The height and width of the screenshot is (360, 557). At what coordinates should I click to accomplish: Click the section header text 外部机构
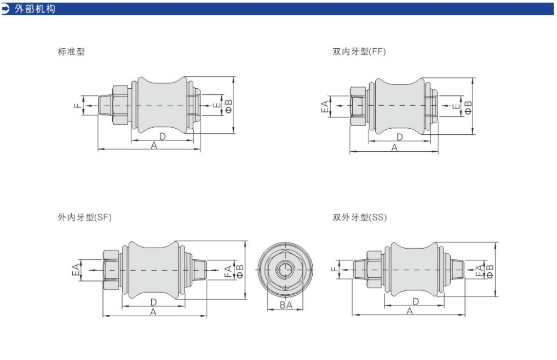point(35,9)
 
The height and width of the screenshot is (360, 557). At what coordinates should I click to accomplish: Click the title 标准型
point(71,52)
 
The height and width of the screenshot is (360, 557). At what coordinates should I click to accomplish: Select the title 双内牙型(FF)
point(359,52)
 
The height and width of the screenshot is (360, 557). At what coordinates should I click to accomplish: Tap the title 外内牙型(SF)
point(84,217)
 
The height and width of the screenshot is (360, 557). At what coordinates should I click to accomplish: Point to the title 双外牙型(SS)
point(359,217)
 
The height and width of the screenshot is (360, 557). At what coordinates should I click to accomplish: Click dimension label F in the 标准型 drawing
point(77,106)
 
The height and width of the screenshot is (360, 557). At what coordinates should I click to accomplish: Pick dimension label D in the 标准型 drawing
point(162,136)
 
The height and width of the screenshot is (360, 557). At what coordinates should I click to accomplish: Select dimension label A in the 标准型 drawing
point(154,145)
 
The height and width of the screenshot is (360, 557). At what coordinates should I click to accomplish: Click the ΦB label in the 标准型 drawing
point(229,106)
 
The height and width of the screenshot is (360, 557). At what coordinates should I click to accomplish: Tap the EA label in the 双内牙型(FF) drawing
point(324,107)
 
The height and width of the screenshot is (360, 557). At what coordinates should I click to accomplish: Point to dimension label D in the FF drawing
point(400,137)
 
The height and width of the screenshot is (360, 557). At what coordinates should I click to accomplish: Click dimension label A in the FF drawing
point(394,147)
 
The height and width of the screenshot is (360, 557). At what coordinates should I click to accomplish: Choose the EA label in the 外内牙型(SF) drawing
point(76,270)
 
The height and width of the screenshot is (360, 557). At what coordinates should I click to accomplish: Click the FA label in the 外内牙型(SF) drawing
point(228,271)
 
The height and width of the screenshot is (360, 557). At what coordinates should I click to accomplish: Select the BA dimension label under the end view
point(286,305)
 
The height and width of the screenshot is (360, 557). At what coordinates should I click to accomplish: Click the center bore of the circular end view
point(285,270)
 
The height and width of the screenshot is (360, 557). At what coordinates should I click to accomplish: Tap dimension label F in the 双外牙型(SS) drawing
point(334,269)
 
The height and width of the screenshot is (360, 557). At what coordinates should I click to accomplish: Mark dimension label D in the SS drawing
point(416,301)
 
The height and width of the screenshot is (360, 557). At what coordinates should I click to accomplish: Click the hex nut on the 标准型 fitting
point(120,105)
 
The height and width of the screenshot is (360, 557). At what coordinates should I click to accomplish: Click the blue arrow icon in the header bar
point(5,9)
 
